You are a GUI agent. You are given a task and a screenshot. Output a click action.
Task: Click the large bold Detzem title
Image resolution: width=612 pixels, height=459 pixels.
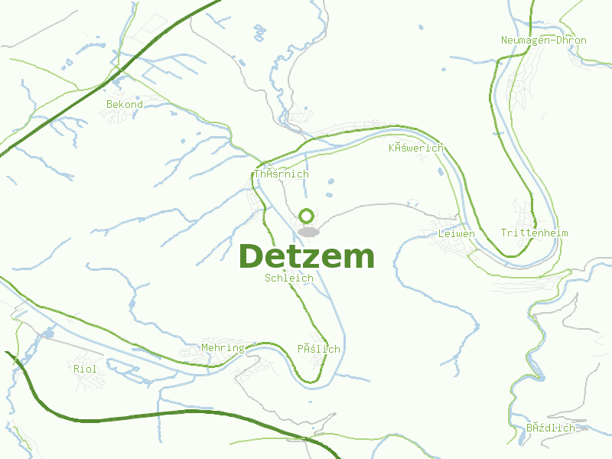[307, 256]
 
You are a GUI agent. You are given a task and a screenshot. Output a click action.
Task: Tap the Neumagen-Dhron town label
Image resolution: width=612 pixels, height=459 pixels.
[543, 41]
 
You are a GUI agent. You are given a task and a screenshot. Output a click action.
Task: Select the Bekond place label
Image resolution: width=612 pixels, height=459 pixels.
[124, 104]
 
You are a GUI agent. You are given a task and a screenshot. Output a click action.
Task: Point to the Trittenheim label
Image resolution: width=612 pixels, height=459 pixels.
[534, 233]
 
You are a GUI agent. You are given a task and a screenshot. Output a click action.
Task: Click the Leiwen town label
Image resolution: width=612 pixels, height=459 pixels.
[456, 233]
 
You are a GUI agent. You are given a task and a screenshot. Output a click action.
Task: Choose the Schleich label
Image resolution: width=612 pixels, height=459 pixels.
[288, 278]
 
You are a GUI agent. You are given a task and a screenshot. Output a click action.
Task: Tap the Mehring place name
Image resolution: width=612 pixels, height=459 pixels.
[222, 348]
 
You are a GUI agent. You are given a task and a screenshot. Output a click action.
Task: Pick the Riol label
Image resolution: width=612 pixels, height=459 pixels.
[85, 369]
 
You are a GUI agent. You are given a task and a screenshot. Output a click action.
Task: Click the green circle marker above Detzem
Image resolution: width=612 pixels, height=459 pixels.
[307, 216]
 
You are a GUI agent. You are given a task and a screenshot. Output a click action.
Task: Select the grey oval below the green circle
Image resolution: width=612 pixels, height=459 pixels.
[308, 231]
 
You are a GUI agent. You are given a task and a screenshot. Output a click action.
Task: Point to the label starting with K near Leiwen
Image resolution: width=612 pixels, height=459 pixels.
[415, 148]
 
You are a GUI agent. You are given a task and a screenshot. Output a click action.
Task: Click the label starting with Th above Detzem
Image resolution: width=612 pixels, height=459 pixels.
[282, 174]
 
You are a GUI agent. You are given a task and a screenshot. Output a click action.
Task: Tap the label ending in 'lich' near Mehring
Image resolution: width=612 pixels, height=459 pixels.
[318, 349]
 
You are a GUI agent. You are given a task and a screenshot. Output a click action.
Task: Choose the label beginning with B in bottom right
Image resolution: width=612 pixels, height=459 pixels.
[550, 428]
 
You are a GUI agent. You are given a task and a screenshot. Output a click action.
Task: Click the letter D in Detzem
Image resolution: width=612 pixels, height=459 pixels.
[252, 256]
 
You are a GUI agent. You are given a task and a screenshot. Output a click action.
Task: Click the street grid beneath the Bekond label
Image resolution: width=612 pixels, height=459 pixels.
[122, 116]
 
